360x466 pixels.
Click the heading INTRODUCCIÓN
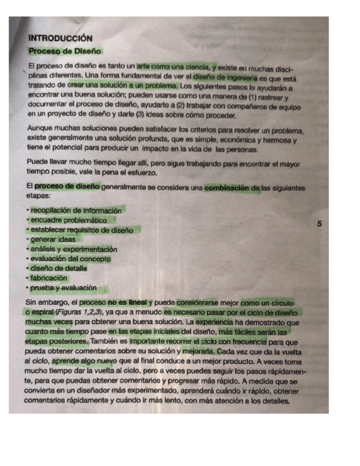(x=60, y=38)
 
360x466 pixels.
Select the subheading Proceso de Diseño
(x=65, y=51)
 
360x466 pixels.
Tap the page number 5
(x=320, y=224)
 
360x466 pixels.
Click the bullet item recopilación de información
(x=75, y=210)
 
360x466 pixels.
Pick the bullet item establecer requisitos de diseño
(x=81, y=230)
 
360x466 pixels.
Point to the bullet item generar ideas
(x=53, y=239)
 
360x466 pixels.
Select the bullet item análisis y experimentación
(x=74, y=249)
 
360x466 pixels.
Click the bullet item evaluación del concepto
(x=70, y=258)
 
